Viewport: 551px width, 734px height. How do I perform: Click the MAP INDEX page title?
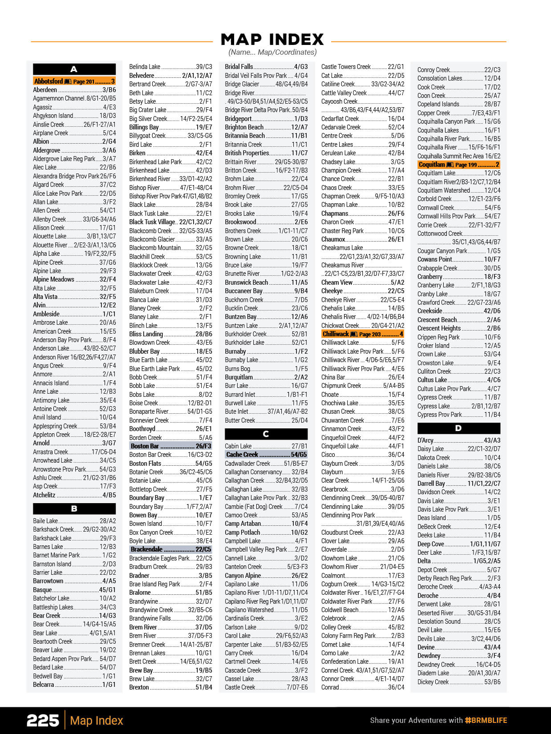pyautogui.click(x=272, y=40)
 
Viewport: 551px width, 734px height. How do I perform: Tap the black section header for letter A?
pyautogui.click(x=74, y=69)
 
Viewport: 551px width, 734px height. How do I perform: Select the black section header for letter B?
pyautogui.click(x=74, y=508)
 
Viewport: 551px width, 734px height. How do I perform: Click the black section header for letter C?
pyautogui.click(x=266, y=434)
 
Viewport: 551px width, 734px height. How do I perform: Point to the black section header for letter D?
pyautogui.click(x=458, y=428)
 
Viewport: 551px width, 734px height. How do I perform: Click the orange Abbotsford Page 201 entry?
pyautogui.click(x=74, y=81)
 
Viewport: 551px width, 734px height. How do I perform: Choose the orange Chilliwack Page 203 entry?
pyautogui.click(x=362, y=334)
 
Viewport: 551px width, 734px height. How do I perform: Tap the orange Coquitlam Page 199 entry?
pyautogui.click(x=458, y=165)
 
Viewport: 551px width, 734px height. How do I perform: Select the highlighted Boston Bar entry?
pyautogui.click(x=170, y=446)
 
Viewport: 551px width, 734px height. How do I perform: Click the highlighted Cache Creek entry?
pyautogui.click(x=266, y=455)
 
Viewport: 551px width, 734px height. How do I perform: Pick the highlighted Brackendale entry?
pyautogui.click(x=170, y=549)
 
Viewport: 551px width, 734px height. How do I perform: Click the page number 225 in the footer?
pyautogui.click(x=43, y=721)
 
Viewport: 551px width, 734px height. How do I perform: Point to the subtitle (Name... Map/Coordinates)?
pyautogui.click(x=272, y=52)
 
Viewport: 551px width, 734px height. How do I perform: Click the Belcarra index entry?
pyautogui.click(x=74, y=685)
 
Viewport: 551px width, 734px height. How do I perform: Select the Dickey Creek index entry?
pyautogui.click(x=458, y=682)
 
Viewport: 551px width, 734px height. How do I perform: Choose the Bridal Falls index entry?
pyautogui.click(x=266, y=67)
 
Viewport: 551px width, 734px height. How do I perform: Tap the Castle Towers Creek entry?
pyautogui.click(x=362, y=67)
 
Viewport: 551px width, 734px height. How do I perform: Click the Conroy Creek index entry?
pyautogui.click(x=458, y=70)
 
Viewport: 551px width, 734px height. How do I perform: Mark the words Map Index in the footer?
pyautogui.click(x=97, y=721)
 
